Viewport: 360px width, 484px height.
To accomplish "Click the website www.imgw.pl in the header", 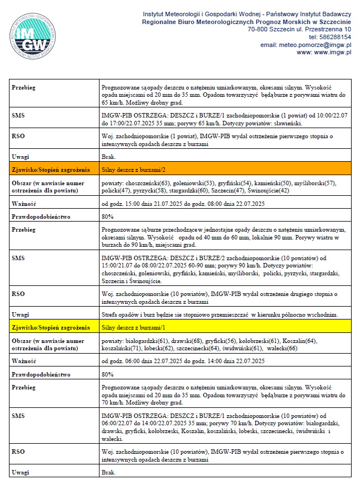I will coord(324,52).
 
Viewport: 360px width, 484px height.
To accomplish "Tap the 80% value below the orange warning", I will coord(107,216).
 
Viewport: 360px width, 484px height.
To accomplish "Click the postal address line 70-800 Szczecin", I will coord(299,29).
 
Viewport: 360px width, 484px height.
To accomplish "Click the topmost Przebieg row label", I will coord(24,88).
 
